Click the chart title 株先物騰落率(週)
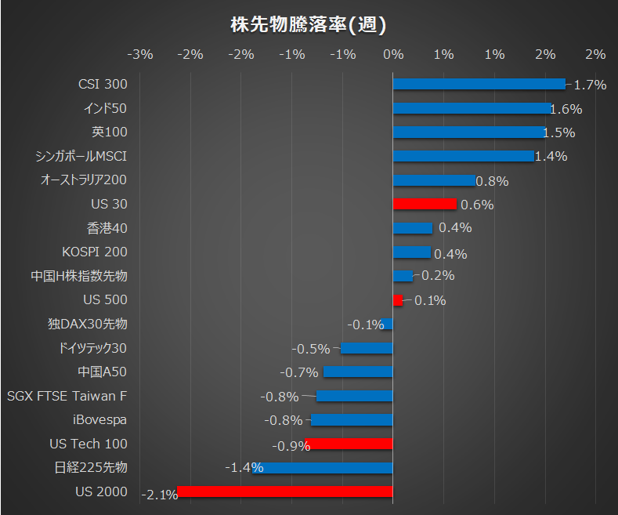pyautogui.click(x=308, y=25)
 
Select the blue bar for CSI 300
pyautogui.click(x=478, y=84)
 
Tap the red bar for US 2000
pyautogui.click(x=284, y=491)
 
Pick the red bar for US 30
pyautogui.click(x=424, y=204)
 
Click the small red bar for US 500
pyautogui.click(x=397, y=299)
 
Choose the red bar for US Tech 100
pyautogui.click(x=351, y=444)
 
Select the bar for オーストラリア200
pyautogui.click(x=433, y=180)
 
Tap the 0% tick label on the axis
pyautogui.click(x=392, y=55)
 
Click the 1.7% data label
pyautogui.click(x=590, y=85)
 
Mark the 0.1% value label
pyautogui.click(x=430, y=300)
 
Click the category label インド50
pyautogui.click(x=104, y=108)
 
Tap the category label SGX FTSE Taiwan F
pyautogui.click(x=67, y=396)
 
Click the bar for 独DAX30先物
pyautogui.click(x=388, y=324)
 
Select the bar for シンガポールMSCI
pyautogui.click(x=462, y=156)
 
